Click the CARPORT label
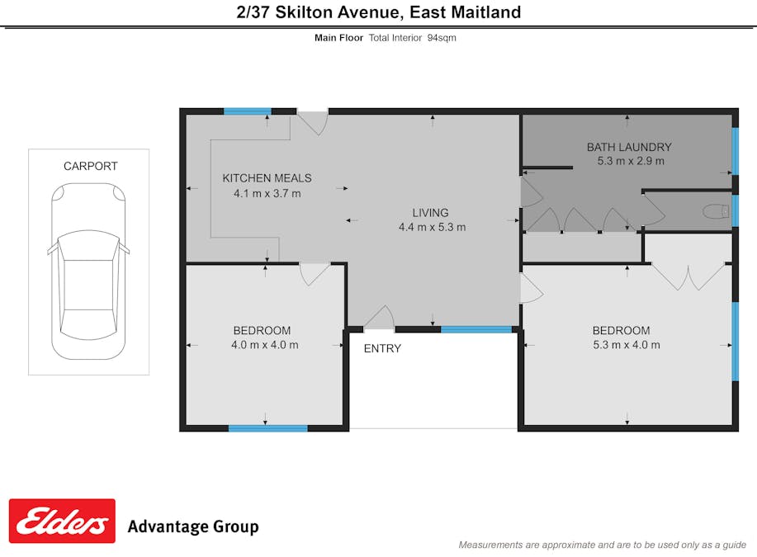90,166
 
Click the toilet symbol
716,211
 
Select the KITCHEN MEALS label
267,178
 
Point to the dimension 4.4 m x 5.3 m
432,227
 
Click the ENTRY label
382,348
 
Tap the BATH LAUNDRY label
629,147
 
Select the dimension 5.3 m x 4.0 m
626,345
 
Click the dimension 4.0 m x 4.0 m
264,345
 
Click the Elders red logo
62,521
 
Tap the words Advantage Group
192,526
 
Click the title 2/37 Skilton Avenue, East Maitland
378,12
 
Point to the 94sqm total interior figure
441,38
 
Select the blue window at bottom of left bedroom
267,427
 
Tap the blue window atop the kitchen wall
247,111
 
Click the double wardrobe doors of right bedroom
688,276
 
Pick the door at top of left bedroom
315,274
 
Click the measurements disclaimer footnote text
602,545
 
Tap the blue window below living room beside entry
475,329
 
